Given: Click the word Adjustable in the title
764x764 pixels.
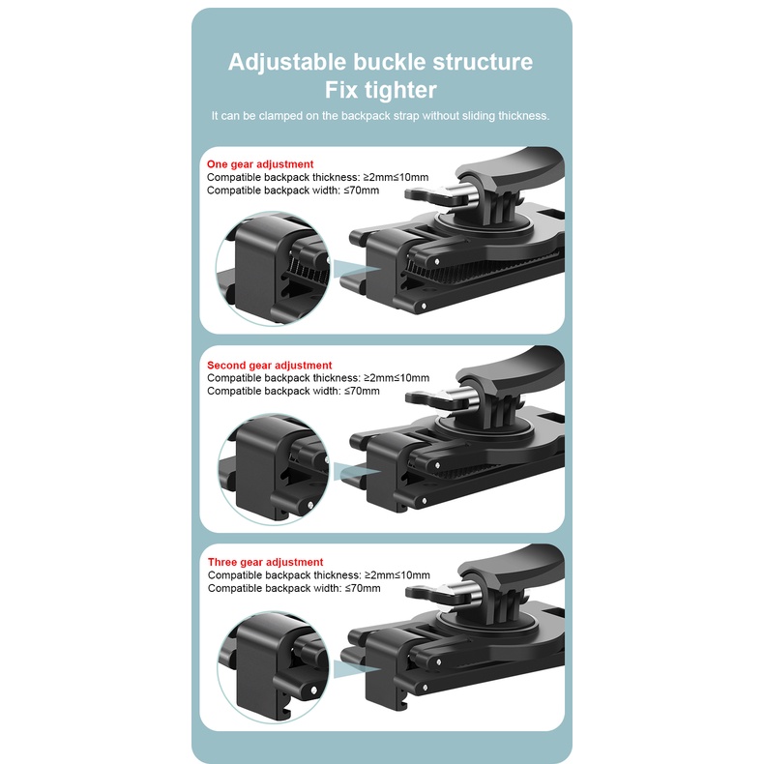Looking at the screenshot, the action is (286, 63).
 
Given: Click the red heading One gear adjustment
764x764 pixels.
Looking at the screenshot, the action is (260, 164).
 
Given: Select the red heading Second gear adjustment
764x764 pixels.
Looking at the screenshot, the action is (267, 366).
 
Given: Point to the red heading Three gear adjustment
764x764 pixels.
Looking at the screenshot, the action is (266, 562).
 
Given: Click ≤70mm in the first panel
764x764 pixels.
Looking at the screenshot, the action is (361, 191).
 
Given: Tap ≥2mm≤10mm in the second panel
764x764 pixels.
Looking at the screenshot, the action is (396, 378).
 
